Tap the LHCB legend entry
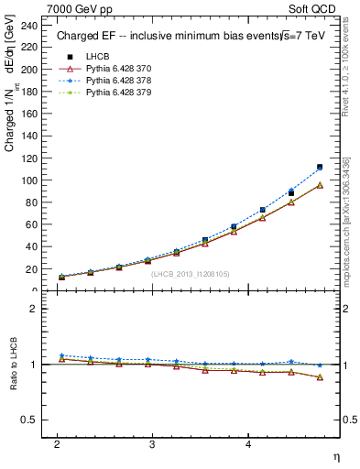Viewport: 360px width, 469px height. point(99,57)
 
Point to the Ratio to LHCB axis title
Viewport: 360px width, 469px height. point(12,364)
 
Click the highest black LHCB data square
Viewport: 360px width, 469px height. point(320,168)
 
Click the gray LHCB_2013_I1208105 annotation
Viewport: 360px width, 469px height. point(190,274)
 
